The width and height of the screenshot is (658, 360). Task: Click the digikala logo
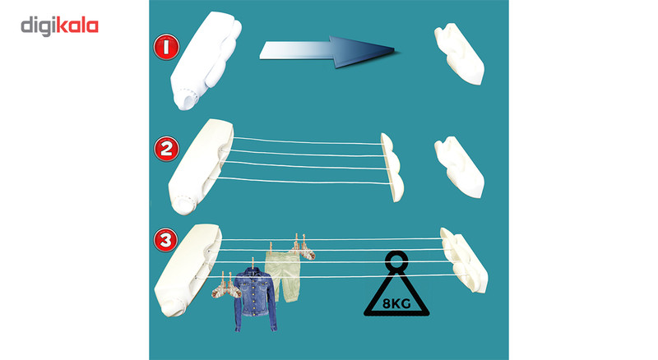[x=59, y=26]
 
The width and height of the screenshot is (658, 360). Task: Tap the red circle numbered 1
[x=167, y=47]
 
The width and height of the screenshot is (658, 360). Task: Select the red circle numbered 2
[x=167, y=149]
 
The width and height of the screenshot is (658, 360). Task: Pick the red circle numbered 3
[x=166, y=241]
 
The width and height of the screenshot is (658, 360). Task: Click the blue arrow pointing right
[x=327, y=51]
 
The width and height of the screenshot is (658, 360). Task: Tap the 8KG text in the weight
[x=396, y=303]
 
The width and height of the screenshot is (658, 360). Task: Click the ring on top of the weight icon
[x=396, y=261]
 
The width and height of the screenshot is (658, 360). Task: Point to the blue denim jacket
[x=255, y=299]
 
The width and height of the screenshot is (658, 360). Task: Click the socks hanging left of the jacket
[x=225, y=288]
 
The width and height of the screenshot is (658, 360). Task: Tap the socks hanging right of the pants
[x=303, y=248]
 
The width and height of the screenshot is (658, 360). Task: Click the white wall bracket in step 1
[x=459, y=53]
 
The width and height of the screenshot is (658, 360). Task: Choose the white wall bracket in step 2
[x=459, y=167]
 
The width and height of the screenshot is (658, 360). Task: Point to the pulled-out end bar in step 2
[x=393, y=167]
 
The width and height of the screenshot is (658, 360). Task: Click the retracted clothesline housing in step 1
[x=205, y=60]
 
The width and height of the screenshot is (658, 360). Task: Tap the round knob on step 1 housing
[x=188, y=99]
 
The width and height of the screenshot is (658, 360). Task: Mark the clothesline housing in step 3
[x=188, y=270]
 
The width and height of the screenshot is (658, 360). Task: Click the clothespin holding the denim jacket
[x=253, y=264]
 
